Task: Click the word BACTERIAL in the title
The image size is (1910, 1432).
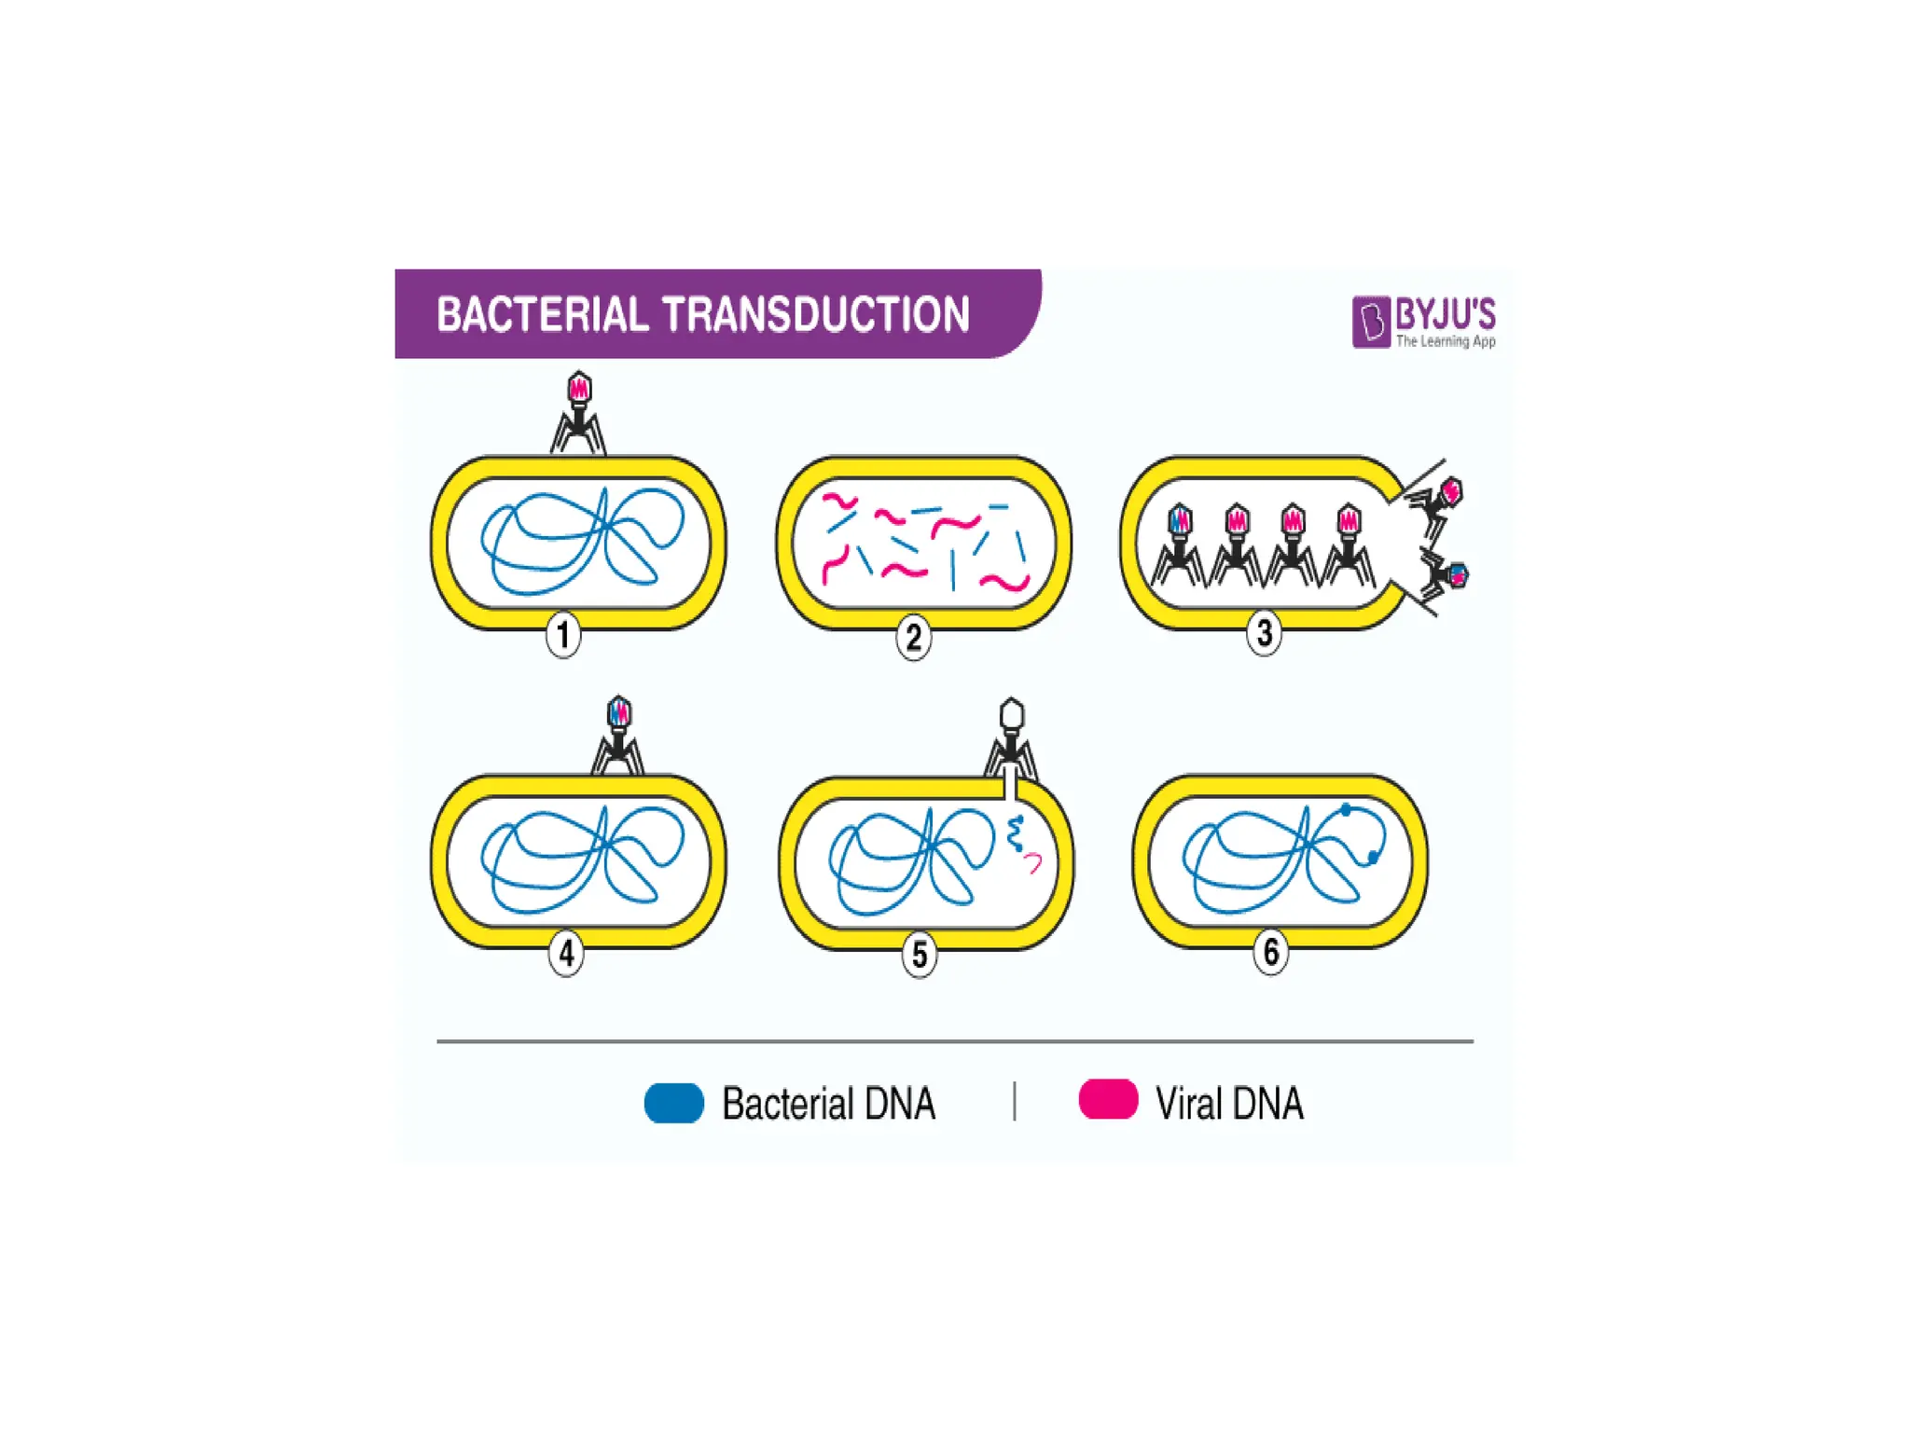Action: click(x=542, y=314)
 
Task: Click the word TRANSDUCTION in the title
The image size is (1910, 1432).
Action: click(x=816, y=314)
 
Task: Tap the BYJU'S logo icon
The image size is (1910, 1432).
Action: click(x=1370, y=322)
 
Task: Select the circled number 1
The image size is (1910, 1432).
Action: click(x=563, y=635)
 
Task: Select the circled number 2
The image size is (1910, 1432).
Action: click(x=914, y=637)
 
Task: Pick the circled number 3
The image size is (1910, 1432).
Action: click(x=1264, y=633)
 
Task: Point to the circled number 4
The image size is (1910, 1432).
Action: click(x=566, y=954)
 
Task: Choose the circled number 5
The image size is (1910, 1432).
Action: click(x=920, y=955)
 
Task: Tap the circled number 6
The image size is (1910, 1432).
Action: click(x=1270, y=952)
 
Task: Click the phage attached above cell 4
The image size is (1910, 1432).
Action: click(x=618, y=736)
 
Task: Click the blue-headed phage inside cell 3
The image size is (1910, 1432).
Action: click(x=1180, y=545)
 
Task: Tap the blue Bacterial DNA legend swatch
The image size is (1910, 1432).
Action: click(x=673, y=1103)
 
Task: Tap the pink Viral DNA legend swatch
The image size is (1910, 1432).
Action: click(x=1108, y=1099)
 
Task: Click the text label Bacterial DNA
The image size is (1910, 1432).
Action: click(x=828, y=1104)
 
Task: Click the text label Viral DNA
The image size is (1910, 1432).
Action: click(x=1228, y=1104)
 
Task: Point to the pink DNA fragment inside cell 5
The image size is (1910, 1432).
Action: click(x=1033, y=862)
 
